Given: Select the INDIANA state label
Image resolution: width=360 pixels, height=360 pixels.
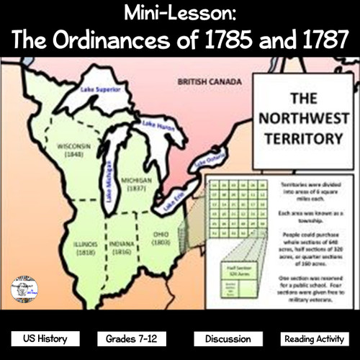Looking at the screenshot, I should [122, 250].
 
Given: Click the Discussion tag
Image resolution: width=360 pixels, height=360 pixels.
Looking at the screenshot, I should [227, 338].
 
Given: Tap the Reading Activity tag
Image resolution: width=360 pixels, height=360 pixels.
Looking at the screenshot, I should [315, 338].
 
